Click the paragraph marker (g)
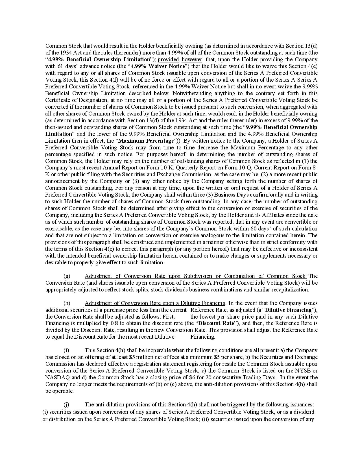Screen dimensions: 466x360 [x=67, y=276]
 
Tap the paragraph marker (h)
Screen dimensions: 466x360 [x=67, y=303]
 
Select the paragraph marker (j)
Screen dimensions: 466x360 [x=67, y=404]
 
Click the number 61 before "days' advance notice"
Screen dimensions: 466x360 [x=60, y=66]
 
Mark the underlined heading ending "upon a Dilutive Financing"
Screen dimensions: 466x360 [x=155, y=303]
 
